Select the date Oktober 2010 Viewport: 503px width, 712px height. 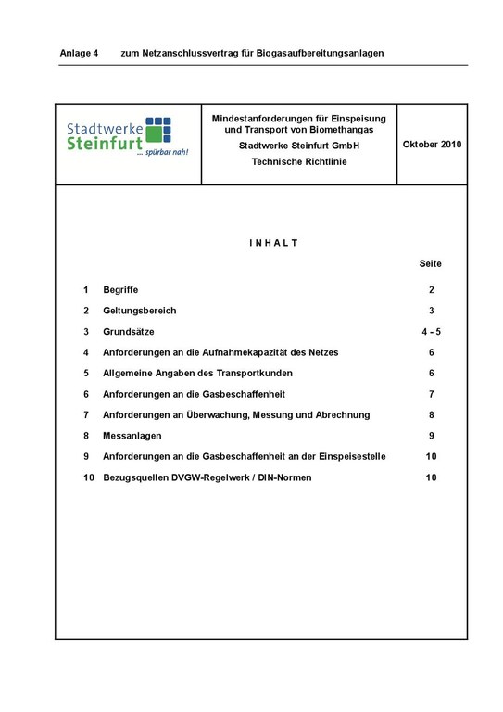pyautogui.click(x=432, y=145)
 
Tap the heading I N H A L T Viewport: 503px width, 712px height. pyautogui.click(x=273, y=243)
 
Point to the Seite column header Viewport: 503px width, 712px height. pyautogui.click(x=431, y=264)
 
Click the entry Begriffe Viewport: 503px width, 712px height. pyautogui.click(x=120, y=290)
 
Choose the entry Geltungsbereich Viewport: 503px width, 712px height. pyautogui.click(x=139, y=311)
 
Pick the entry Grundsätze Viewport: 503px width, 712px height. pyautogui.click(x=129, y=332)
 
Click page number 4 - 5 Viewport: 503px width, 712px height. pyautogui.click(x=431, y=332)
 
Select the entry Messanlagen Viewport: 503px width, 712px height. pyautogui.click(x=132, y=436)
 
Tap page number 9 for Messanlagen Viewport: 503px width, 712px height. pyautogui.click(x=431, y=436)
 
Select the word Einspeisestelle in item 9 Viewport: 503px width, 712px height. pyautogui.click(x=352, y=457)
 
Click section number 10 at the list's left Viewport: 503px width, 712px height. pyautogui.click(x=88, y=477)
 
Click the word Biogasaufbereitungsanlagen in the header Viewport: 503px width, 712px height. pyautogui.click(x=318, y=53)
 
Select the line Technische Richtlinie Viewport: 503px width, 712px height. pyautogui.click(x=298, y=161)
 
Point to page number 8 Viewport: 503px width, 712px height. pyautogui.click(x=431, y=415)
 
